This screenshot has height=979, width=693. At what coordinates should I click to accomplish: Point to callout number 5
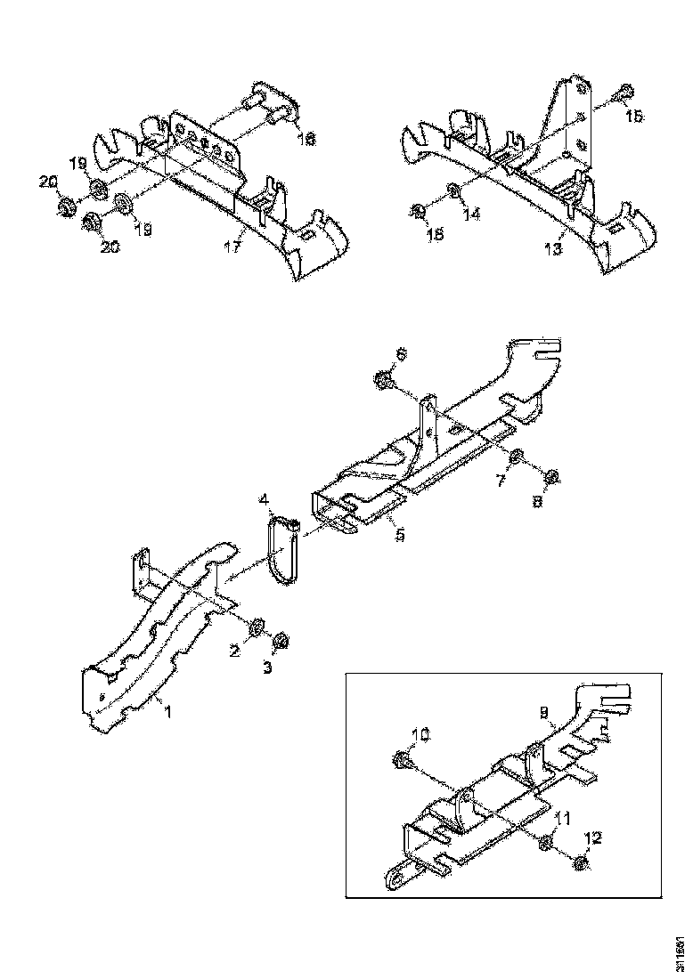400,536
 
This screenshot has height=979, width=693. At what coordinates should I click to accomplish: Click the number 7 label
501,481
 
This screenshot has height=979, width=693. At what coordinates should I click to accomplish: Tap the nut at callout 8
550,478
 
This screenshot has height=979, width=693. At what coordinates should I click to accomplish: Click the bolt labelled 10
401,760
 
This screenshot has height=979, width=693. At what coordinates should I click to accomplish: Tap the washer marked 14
452,190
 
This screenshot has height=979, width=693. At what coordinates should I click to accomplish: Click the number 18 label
305,139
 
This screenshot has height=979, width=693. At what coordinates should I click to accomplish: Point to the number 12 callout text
593,837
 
